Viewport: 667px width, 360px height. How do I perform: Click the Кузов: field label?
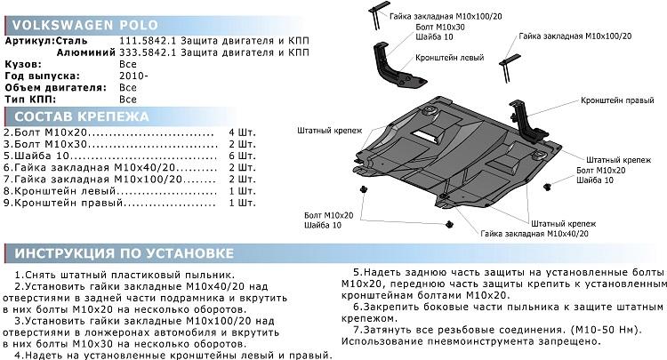(x=22, y=65)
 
